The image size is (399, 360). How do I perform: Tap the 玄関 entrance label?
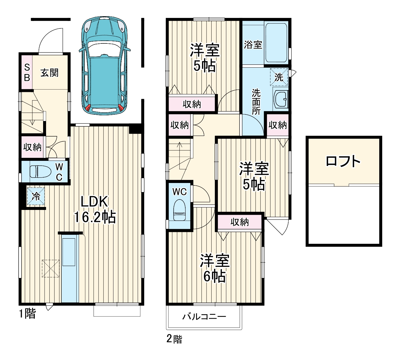pos(49,73)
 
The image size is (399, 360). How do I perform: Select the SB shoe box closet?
pos(27,72)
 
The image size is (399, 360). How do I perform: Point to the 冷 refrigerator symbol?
pos(36,196)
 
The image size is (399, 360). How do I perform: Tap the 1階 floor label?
pos(28,314)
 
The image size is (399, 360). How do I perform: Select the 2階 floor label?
pos(174,339)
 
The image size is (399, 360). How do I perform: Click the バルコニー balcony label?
pos(204,317)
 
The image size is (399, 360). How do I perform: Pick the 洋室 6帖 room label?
pos(215,268)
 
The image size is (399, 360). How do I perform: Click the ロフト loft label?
pos(343,161)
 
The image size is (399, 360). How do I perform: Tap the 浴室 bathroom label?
pos(253,45)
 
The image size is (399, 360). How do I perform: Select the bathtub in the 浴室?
pos(276,42)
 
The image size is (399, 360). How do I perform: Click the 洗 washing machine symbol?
pos(279,77)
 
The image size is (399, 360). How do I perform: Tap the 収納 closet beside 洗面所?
pos(277,125)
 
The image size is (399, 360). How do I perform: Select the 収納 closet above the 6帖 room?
pos(239,222)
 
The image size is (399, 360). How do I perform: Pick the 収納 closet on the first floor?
pos(32,147)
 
